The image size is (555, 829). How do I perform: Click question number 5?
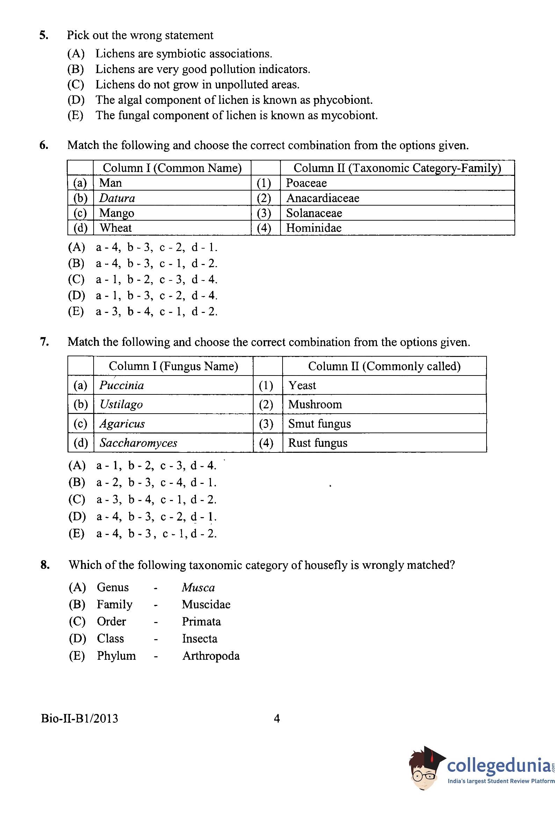tap(44, 35)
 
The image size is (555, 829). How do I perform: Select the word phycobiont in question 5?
tap(342, 100)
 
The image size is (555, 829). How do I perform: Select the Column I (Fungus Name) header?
tap(173, 366)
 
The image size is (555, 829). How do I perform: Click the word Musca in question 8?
tap(198, 588)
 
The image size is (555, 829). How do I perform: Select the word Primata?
tap(201, 622)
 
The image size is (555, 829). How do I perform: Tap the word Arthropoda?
tap(211, 656)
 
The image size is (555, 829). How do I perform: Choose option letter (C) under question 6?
tap(76, 279)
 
